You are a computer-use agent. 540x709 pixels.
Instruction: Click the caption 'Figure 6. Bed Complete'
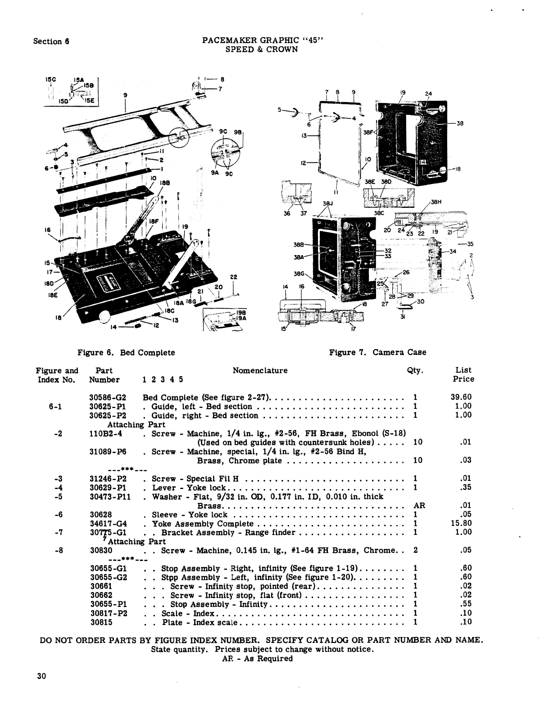(126, 352)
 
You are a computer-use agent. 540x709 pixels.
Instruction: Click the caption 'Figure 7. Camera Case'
(377, 352)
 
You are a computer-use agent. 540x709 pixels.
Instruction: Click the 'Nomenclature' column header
(260, 370)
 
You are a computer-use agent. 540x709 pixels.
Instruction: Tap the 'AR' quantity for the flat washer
(419, 505)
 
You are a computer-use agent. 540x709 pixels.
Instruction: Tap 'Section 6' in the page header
(51, 41)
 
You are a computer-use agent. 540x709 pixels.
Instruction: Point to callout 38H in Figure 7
(436, 202)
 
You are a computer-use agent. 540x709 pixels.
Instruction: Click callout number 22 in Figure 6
(233, 277)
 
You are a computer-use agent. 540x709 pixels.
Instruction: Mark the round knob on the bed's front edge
(104, 317)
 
